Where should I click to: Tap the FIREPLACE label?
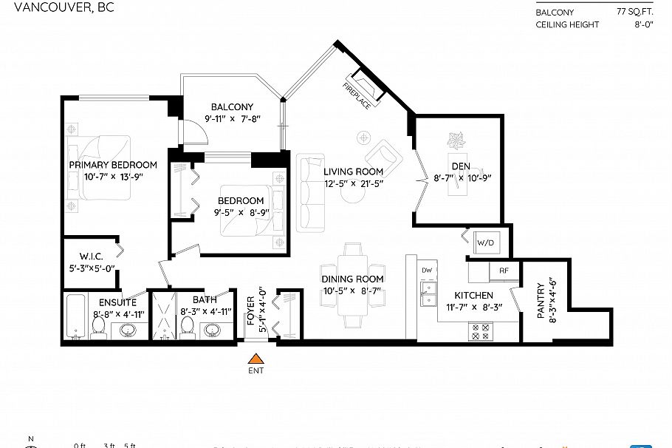tap(356, 95)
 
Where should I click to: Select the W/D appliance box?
tap(484, 242)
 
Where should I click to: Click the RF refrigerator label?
tap(504, 271)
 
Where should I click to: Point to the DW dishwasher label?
tap(426, 271)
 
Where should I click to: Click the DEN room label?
tap(461, 166)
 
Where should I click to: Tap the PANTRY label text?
tap(541, 301)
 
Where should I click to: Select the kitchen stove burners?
tap(483, 333)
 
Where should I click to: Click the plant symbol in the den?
tap(455, 140)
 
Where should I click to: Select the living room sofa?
tap(309, 193)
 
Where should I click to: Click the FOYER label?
tap(250, 311)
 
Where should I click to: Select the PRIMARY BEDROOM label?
tap(112, 165)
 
